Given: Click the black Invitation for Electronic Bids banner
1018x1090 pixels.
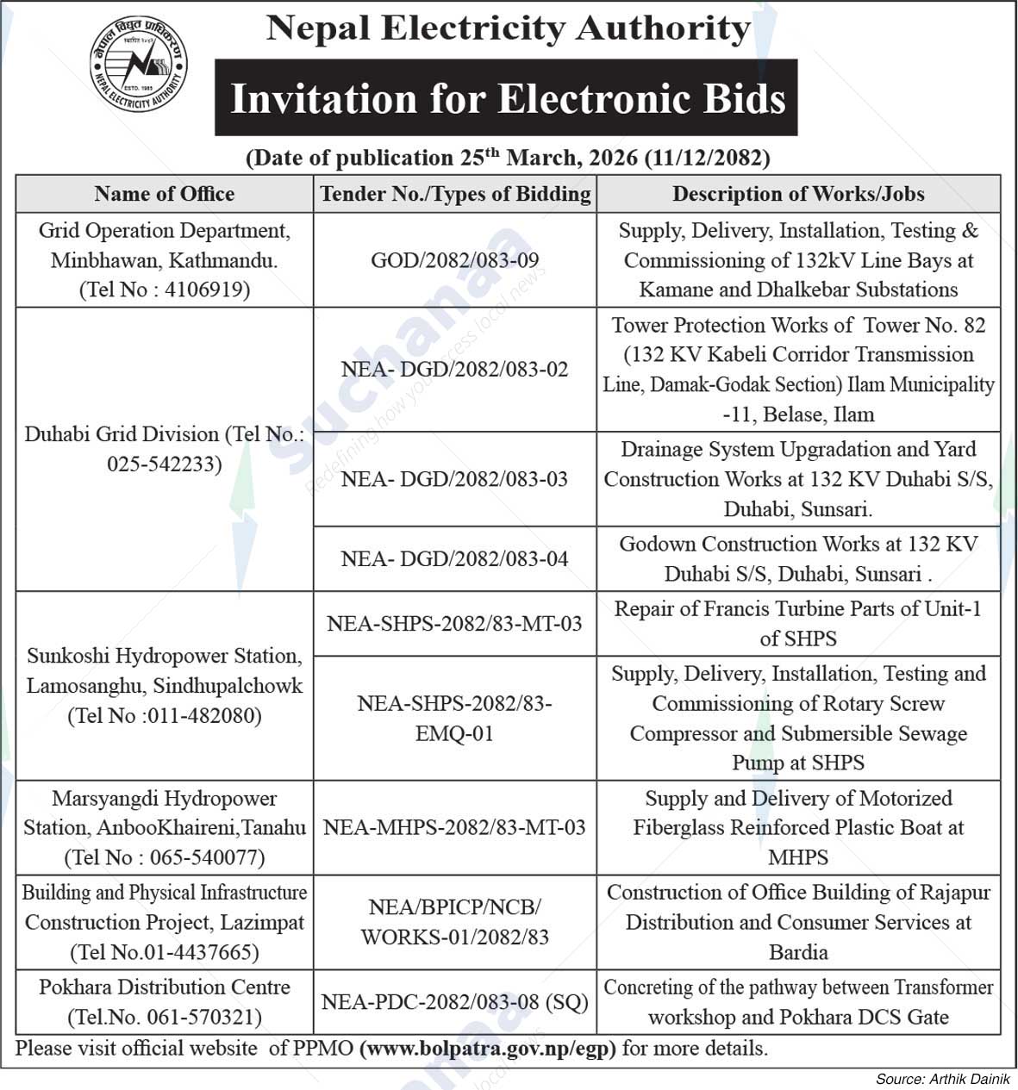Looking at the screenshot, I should (x=506, y=98).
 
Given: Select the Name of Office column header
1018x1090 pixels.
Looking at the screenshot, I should (x=164, y=194).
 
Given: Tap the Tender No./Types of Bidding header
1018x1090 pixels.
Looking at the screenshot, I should (x=455, y=194).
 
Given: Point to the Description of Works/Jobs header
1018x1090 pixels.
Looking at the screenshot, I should (x=798, y=194).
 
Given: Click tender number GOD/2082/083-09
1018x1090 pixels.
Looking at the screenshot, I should (x=454, y=260).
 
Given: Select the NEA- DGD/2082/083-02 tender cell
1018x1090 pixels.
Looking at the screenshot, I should (x=454, y=370).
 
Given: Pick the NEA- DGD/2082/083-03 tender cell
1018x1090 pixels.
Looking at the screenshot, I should (x=454, y=479).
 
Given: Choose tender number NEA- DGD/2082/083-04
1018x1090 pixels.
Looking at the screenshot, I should (x=454, y=559).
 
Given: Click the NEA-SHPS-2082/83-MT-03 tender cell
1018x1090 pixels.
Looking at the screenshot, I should (x=454, y=624).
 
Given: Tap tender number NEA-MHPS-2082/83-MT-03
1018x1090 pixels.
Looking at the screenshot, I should (x=454, y=828).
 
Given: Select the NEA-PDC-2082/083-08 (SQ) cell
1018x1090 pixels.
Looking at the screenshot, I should (x=454, y=1002).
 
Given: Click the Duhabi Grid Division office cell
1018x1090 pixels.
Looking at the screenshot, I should (x=164, y=449).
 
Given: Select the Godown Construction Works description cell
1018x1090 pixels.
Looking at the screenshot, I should (x=798, y=559).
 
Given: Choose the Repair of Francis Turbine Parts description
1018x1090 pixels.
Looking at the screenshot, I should (x=798, y=624).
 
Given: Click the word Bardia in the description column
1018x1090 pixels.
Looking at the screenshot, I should (x=798, y=953).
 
